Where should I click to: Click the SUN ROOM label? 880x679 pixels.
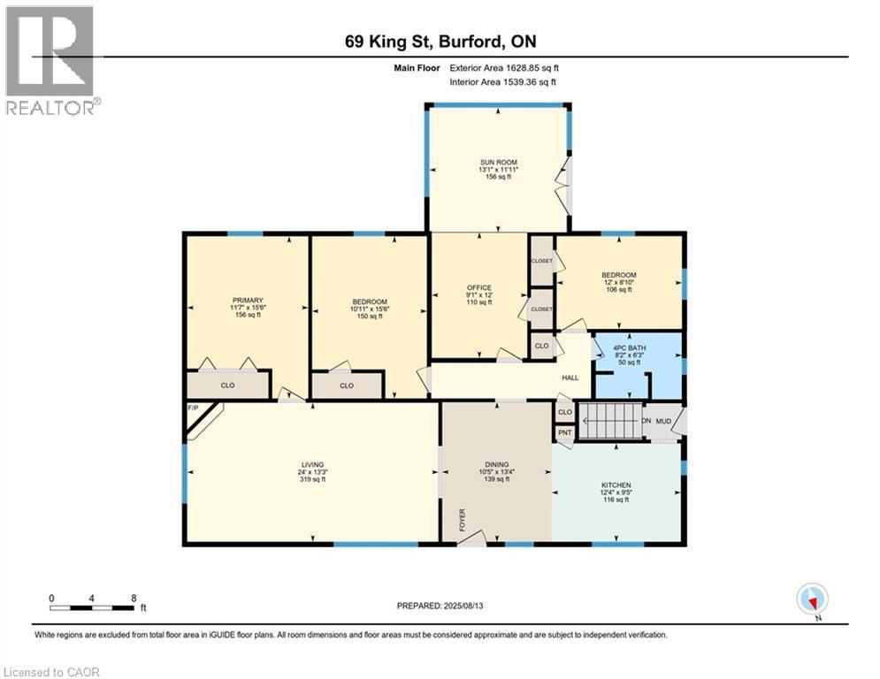pyautogui.click(x=498, y=162)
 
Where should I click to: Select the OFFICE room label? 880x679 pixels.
pyautogui.click(x=478, y=287)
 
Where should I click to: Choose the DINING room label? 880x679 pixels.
pyautogui.click(x=495, y=464)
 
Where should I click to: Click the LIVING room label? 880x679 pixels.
pyautogui.click(x=312, y=464)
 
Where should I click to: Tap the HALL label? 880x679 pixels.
pyautogui.click(x=570, y=378)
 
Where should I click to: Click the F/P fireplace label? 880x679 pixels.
pyautogui.click(x=193, y=408)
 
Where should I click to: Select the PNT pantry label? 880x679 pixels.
pyautogui.click(x=564, y=432)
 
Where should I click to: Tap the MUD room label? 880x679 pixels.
pyautogui.click(x=663, y=421)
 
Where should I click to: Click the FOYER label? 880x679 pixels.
pyautogui.click(x=462, y=521)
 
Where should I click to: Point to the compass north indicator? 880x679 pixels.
pyautogui.click(x=811, y=599)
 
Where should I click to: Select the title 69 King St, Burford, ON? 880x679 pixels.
pyautogui.click(x=440, y=42)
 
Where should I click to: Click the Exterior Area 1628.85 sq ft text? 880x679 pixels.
pyautogui.click(x=504, y=67)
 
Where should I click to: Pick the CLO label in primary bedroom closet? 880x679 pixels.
pyautogui.click(x=227, y=385)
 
